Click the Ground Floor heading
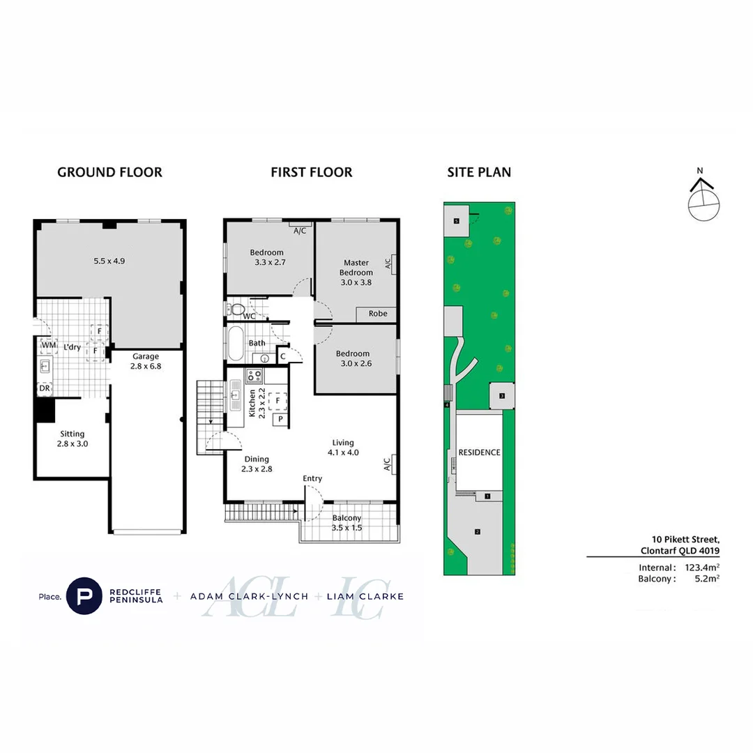(x=109, y=172)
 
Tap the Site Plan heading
(x=479, y=172)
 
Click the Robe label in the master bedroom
(x=378, y=314)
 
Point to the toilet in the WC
(x=236, y=309)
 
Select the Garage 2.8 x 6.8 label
(x=146, y=360)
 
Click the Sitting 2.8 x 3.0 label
(x=72, y=439)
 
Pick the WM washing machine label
(x=48, y=345)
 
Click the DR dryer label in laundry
(x=45, y=388)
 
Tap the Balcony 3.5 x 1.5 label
(x=347, y=523)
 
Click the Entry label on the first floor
(x=312, y=478)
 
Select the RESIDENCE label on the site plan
(x=479, y=452)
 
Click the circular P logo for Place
(x=84, y=596)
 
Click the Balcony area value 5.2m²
(x=706, y=579)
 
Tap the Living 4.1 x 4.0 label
(x=343, y=448)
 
